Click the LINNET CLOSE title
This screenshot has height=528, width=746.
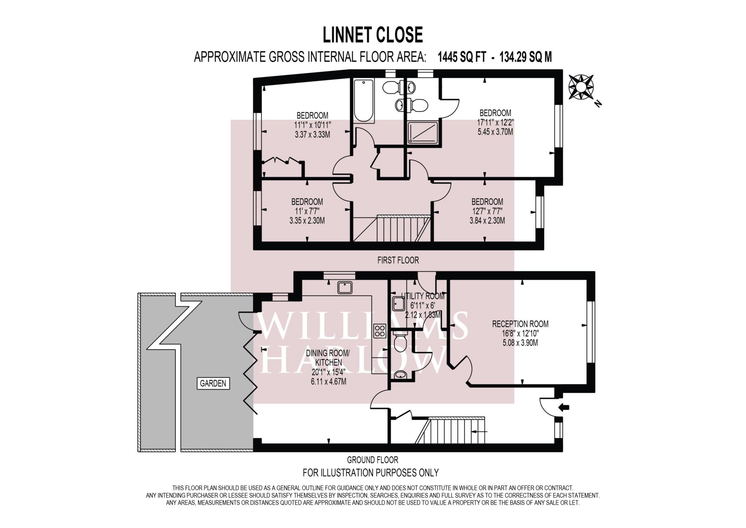pos(373,35)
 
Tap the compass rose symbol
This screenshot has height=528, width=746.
pos(581,87)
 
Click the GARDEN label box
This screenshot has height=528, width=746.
pos(213,383)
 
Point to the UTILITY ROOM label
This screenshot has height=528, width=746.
pos(423,296)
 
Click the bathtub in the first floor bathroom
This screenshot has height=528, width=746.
pos(364,101)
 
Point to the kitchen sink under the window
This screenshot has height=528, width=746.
pos(344,288)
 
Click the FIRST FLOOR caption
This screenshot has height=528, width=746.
pos(398,260)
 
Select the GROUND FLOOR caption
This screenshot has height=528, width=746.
pos(373,460)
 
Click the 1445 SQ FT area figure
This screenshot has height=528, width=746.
pos(462,57)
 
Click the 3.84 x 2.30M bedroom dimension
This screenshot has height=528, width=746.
pos(487,220)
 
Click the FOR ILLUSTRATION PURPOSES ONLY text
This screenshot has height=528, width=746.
pos(371,473)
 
